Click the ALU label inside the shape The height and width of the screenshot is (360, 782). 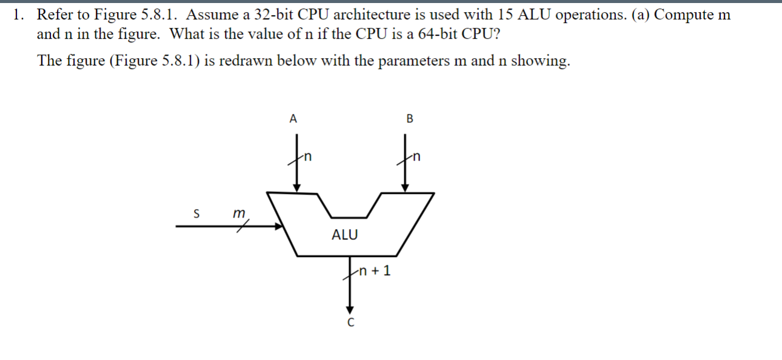344,235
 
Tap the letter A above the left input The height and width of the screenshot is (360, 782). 293,119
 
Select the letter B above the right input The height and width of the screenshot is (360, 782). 409,119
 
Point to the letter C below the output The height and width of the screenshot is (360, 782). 350,322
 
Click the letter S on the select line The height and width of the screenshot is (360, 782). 196,213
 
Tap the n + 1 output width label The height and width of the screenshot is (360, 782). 375,270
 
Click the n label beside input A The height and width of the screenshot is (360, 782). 308,158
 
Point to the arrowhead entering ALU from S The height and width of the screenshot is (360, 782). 279,227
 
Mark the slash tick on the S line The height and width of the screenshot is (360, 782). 243,227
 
